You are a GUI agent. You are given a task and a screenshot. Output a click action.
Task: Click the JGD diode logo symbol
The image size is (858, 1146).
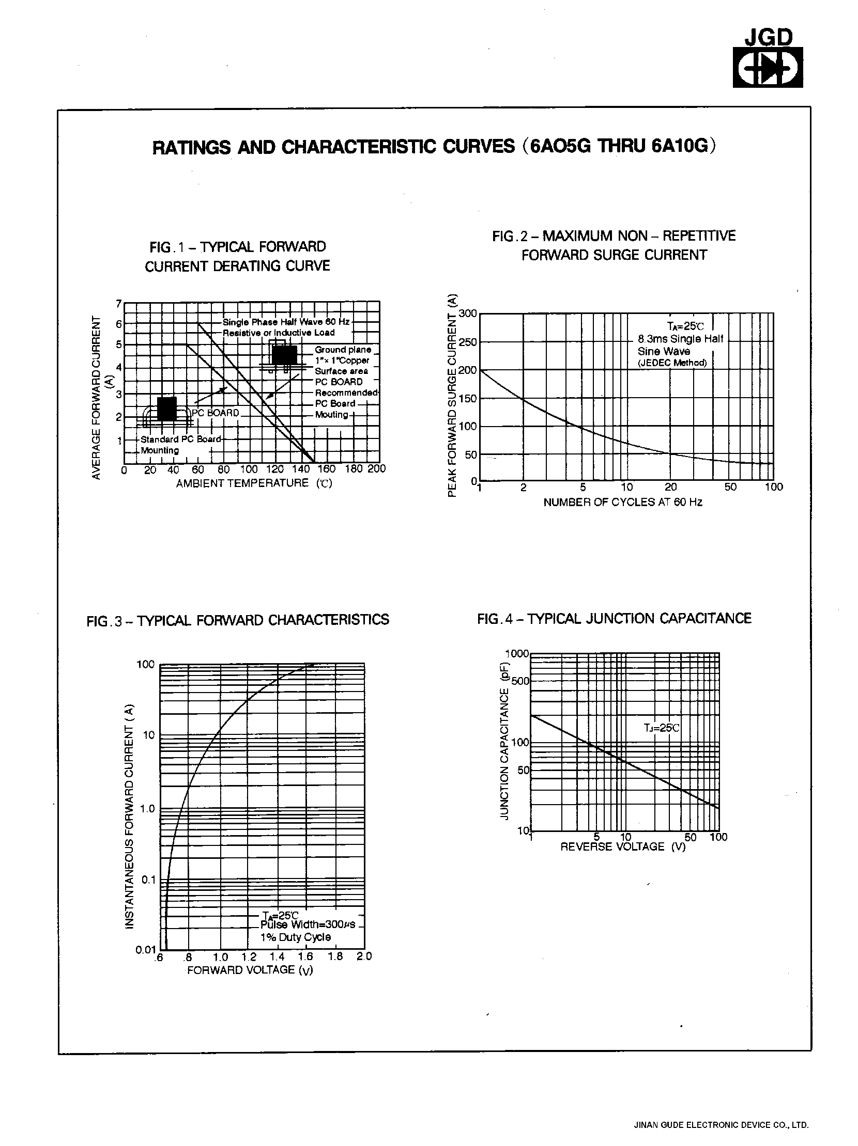767,68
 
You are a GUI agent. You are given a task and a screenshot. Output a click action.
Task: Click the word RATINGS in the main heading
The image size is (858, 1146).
191,148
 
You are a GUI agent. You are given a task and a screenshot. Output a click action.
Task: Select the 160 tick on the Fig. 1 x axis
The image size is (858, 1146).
327,469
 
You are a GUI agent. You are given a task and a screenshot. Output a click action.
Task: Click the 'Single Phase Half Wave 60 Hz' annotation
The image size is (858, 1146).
286,322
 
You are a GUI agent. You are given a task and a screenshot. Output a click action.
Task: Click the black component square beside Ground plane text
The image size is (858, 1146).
284,355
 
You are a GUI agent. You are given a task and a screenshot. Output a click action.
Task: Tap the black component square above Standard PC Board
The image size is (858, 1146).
167,409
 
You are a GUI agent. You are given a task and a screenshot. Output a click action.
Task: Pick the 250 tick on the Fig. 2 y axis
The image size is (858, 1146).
467,342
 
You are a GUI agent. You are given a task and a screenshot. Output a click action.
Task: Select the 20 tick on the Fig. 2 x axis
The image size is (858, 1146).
670,487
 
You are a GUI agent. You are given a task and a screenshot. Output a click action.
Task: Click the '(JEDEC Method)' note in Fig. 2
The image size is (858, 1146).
672,363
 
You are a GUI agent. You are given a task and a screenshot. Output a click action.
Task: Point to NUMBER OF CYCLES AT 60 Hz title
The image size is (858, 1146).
623,502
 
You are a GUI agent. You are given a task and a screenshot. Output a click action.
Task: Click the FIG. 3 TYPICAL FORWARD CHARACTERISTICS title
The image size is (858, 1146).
237,620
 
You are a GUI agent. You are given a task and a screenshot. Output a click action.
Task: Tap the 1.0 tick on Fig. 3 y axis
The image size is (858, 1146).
147,809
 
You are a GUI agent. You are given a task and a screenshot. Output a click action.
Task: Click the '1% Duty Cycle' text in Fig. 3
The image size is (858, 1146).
295,937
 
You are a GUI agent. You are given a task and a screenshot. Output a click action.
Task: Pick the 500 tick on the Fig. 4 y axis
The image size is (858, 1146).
520,681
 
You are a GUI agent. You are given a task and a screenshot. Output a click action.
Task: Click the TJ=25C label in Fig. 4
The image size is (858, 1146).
661,728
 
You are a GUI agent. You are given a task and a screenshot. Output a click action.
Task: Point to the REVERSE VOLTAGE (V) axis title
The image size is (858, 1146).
623,847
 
